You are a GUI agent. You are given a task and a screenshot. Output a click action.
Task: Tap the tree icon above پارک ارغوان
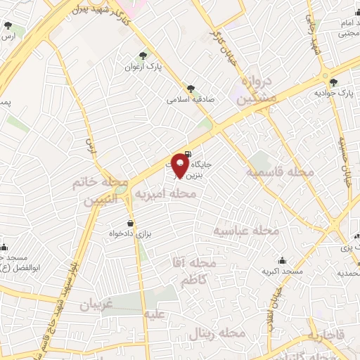(144, 55)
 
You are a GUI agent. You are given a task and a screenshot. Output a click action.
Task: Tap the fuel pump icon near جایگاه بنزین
(186, 153)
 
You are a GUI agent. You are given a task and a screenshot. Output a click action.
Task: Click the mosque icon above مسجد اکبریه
(282, 260)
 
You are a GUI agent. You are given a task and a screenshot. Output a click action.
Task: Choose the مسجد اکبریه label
(282, 271)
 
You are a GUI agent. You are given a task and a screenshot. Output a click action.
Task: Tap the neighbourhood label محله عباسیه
(247, 231)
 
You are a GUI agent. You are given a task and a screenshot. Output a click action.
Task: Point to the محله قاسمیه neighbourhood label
(279, 172)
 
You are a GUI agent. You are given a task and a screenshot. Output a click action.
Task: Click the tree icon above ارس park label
(8, 26)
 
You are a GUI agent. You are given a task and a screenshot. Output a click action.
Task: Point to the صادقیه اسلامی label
(189, 99)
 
